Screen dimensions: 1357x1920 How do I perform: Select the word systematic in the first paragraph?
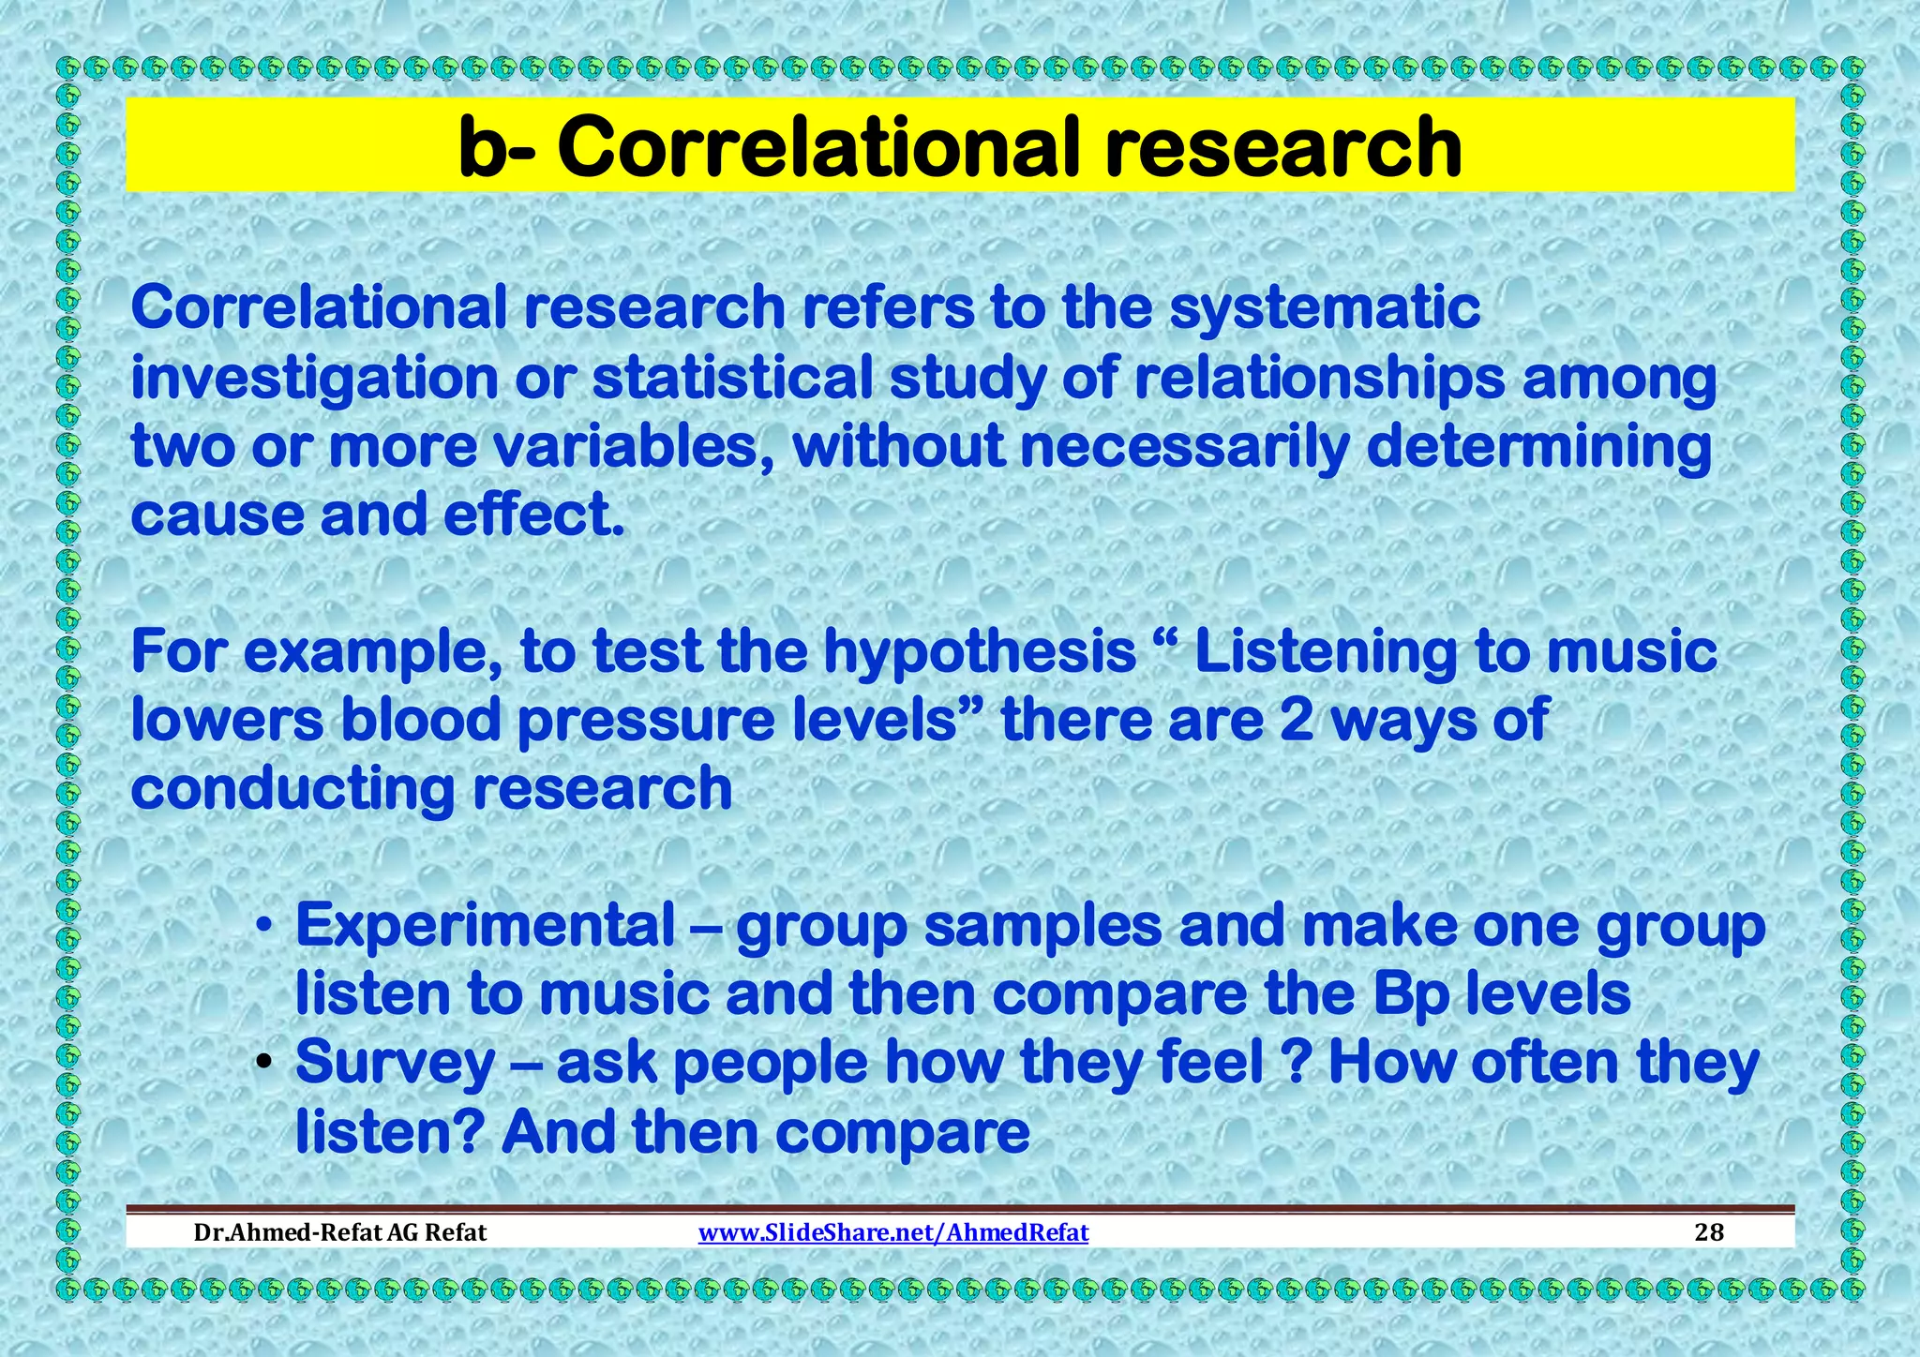click(1325, 308)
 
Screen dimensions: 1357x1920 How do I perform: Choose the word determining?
click(1538, 447)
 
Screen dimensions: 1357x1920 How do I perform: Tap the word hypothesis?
click(979, 652)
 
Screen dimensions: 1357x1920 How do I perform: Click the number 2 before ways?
click(1296, 721)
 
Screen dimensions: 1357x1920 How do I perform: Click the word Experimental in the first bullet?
click(485, 926)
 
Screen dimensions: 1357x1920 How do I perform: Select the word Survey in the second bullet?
click(395, 1064)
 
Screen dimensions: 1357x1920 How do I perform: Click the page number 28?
click(1709, 1231)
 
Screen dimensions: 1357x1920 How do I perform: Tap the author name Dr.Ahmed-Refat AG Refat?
click(339, 1231)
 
